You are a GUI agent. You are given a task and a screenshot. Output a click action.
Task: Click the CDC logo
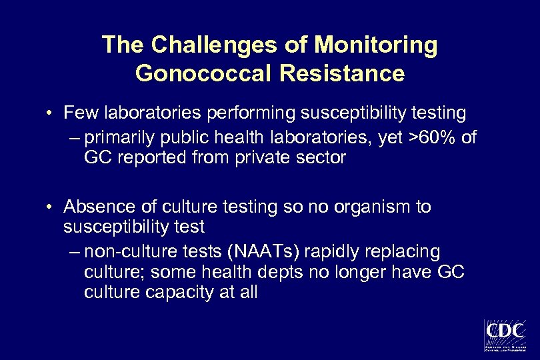pos(505,335)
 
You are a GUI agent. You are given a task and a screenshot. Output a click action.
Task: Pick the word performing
pos(243,114)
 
